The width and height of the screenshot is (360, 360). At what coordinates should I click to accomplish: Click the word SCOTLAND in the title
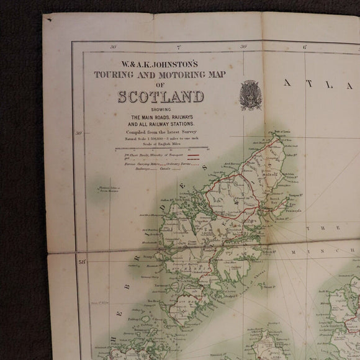pyautogui.click(x=161, y=97)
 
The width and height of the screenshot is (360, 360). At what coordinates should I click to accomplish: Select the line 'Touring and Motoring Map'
pyautogui.click(x=161, y=74)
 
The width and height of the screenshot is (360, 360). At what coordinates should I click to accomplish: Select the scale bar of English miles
pyautogui.click(x=161, y=148)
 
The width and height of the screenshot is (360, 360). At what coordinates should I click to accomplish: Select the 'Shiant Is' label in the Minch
pyautogui.click(x=269, y=287)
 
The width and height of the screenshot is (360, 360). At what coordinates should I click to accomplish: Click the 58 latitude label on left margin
pyautogui.click(x=81, y=262)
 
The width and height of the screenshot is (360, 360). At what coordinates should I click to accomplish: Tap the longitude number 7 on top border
pyautogui.click(x=178, y=47)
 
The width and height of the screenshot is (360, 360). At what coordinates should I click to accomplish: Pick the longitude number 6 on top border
pyautogui.click(x=305, y=47)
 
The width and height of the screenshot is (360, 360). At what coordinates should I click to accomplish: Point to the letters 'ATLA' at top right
pyautogui.click(x=317, y=85)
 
